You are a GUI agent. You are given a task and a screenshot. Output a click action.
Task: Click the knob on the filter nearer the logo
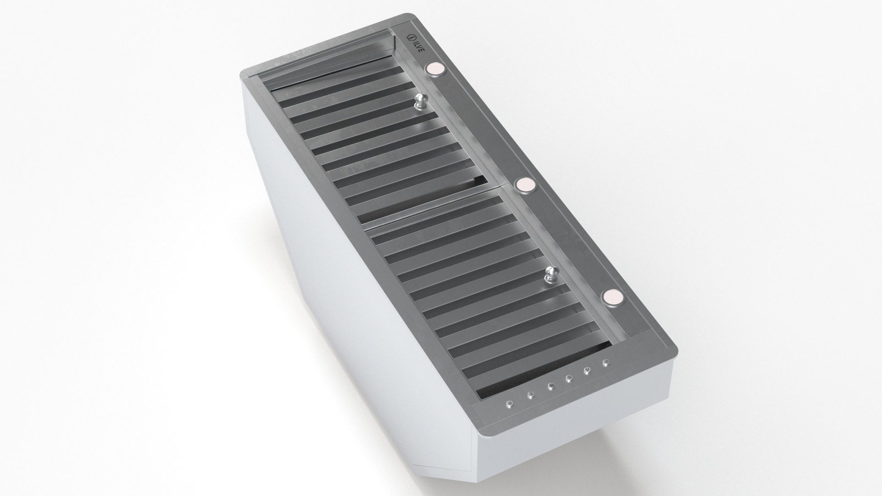click(421, 101)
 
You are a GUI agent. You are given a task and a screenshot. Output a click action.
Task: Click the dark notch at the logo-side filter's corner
click(481, 181)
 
